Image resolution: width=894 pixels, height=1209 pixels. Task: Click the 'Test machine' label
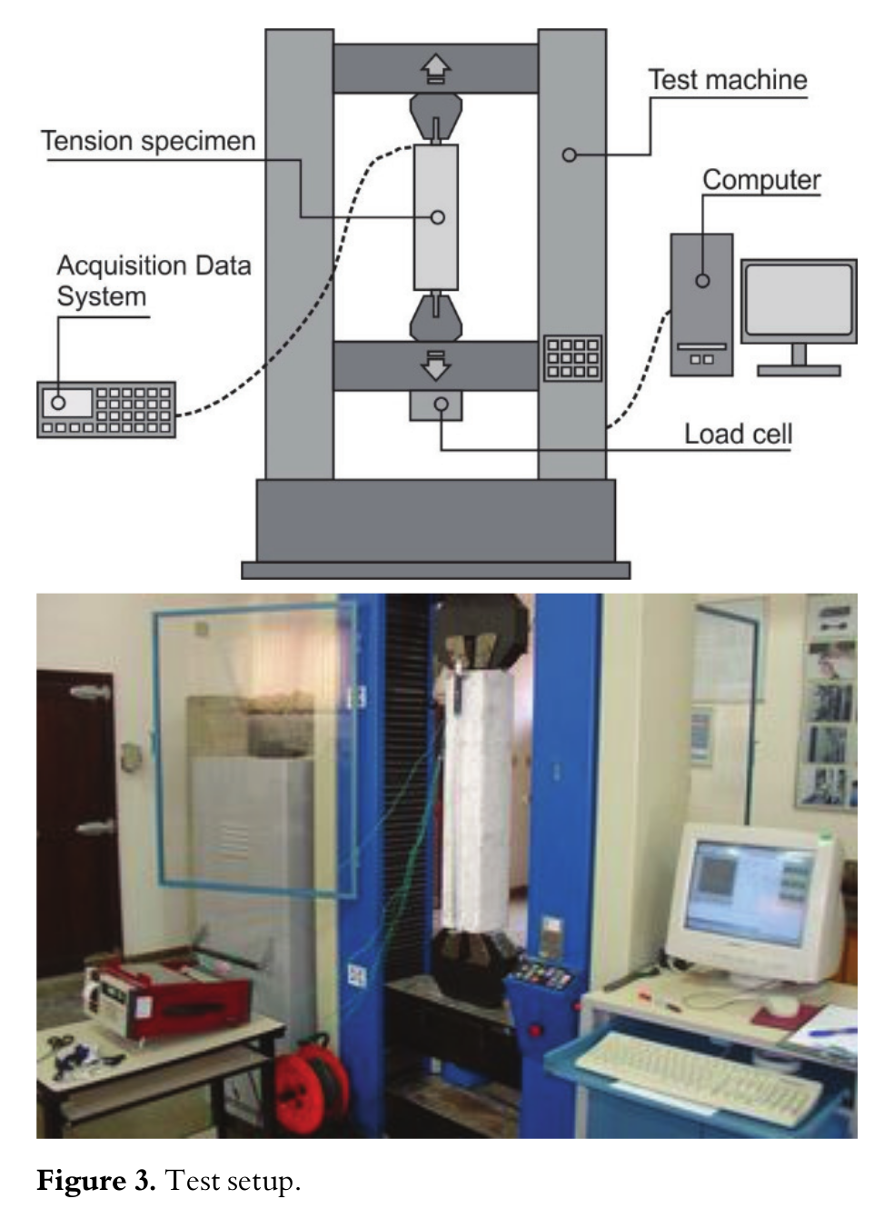click(x=728, y=80)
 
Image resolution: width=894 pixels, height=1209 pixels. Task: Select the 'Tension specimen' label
click(x=148, y=141)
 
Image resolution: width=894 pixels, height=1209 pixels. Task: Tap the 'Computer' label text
click(x=761, y=180)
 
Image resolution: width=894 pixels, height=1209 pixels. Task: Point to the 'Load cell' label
click(x=738, y=434)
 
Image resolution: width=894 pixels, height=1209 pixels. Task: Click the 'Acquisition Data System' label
click(x=153, y=281)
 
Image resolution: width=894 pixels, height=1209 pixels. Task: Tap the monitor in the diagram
click(x=799, y=302)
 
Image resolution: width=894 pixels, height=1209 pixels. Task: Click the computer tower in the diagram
click(x=701, y=305)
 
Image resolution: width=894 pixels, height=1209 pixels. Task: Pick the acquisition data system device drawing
click(x=106, y=410)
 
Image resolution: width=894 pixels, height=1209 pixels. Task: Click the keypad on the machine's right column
click(x=572, y=358)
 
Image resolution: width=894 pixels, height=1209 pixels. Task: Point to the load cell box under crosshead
click(x=436, y=405)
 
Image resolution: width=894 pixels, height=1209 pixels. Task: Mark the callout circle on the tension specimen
click(x=438, y=217)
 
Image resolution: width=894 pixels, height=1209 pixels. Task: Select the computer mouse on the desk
click(x=780, y=1005)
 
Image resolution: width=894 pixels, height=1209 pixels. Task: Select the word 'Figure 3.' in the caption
click(x=96, y=1182)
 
